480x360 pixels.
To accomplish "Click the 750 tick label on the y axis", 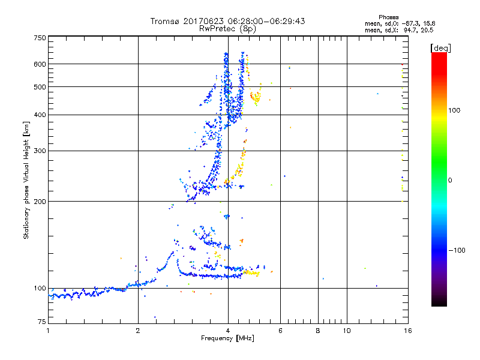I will pos(40,37).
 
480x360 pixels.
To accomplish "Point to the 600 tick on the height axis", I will pos(40,64).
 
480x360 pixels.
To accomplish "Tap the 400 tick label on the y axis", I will pos(40,115).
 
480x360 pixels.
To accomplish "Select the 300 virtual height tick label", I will pos(40,151).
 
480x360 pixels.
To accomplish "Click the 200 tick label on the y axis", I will pos(40,201).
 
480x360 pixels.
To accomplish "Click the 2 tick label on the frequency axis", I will pos(138,331).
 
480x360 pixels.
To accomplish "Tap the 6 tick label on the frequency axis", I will pos(280,331).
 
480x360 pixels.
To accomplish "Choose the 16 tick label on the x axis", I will pos(407,331).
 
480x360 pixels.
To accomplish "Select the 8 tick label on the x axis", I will pos(318,331).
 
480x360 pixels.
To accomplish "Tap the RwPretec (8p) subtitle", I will pos(227,28).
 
